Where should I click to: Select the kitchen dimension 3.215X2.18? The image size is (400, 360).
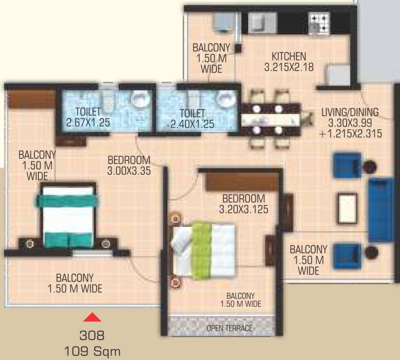click(289, 67)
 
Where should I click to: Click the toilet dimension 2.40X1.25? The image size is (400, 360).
click(192, 124)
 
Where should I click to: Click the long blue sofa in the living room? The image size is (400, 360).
click(380, 210)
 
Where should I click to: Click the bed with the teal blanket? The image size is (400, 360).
click(68, 216)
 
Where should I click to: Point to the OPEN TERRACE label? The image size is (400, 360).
click(229, 328)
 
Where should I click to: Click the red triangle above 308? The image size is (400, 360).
click(92, 318)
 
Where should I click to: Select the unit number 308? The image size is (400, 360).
click(92, 336)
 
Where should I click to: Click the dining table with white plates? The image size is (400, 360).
click(270, 119)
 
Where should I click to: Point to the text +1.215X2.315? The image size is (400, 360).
click(351, 134)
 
